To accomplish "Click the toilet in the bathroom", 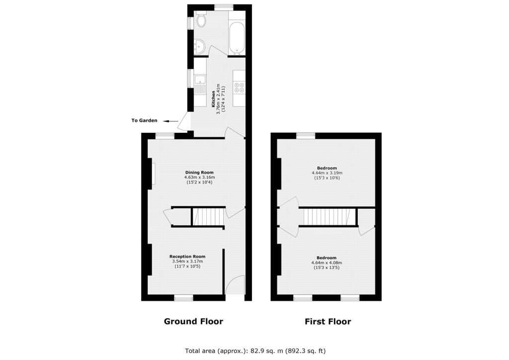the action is pos(201,19).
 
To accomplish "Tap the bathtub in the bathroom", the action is pos(237,37).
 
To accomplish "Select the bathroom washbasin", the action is pos(199,46).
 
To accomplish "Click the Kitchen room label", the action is pos(213,99).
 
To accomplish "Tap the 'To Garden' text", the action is pos(144,120).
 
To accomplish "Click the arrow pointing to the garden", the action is pos(170,121).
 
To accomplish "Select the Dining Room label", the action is pos(199,173).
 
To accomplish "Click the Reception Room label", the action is pos(187,257).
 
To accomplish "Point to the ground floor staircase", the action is pos(208,216).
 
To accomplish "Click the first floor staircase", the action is pos(327,216).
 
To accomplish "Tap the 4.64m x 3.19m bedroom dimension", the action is pos(327,173).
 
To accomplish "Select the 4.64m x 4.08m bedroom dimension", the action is pos(327,263).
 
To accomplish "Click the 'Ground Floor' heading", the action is pos(193,321).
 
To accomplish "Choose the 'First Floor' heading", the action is pos(328,321).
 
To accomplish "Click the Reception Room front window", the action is pos(184,297).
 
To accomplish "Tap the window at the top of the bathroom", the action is pos(224,6).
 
